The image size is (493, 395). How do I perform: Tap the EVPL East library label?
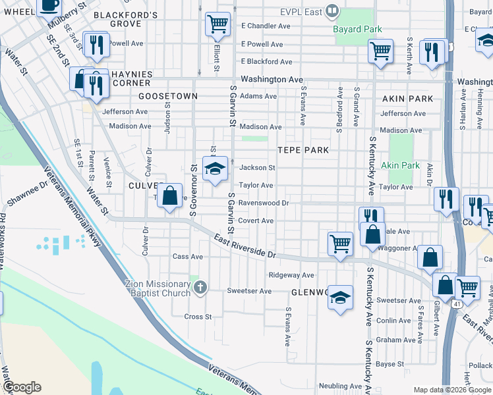[301, 11]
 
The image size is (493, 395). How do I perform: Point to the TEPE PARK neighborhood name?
[303, 150]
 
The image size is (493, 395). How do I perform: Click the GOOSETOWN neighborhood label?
[168, 96]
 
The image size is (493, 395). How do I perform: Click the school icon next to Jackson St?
[215, 169]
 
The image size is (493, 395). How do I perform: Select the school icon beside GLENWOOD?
[340, 298]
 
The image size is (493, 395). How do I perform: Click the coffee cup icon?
[49, 5]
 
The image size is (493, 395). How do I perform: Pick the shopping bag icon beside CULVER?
[170, 196]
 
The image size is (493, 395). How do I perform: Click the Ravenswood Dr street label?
[264, 203]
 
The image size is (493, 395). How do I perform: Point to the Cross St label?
[198, 317]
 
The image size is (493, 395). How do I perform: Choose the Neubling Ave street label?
[340, 386]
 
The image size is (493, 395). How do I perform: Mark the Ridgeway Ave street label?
[291, 275]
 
